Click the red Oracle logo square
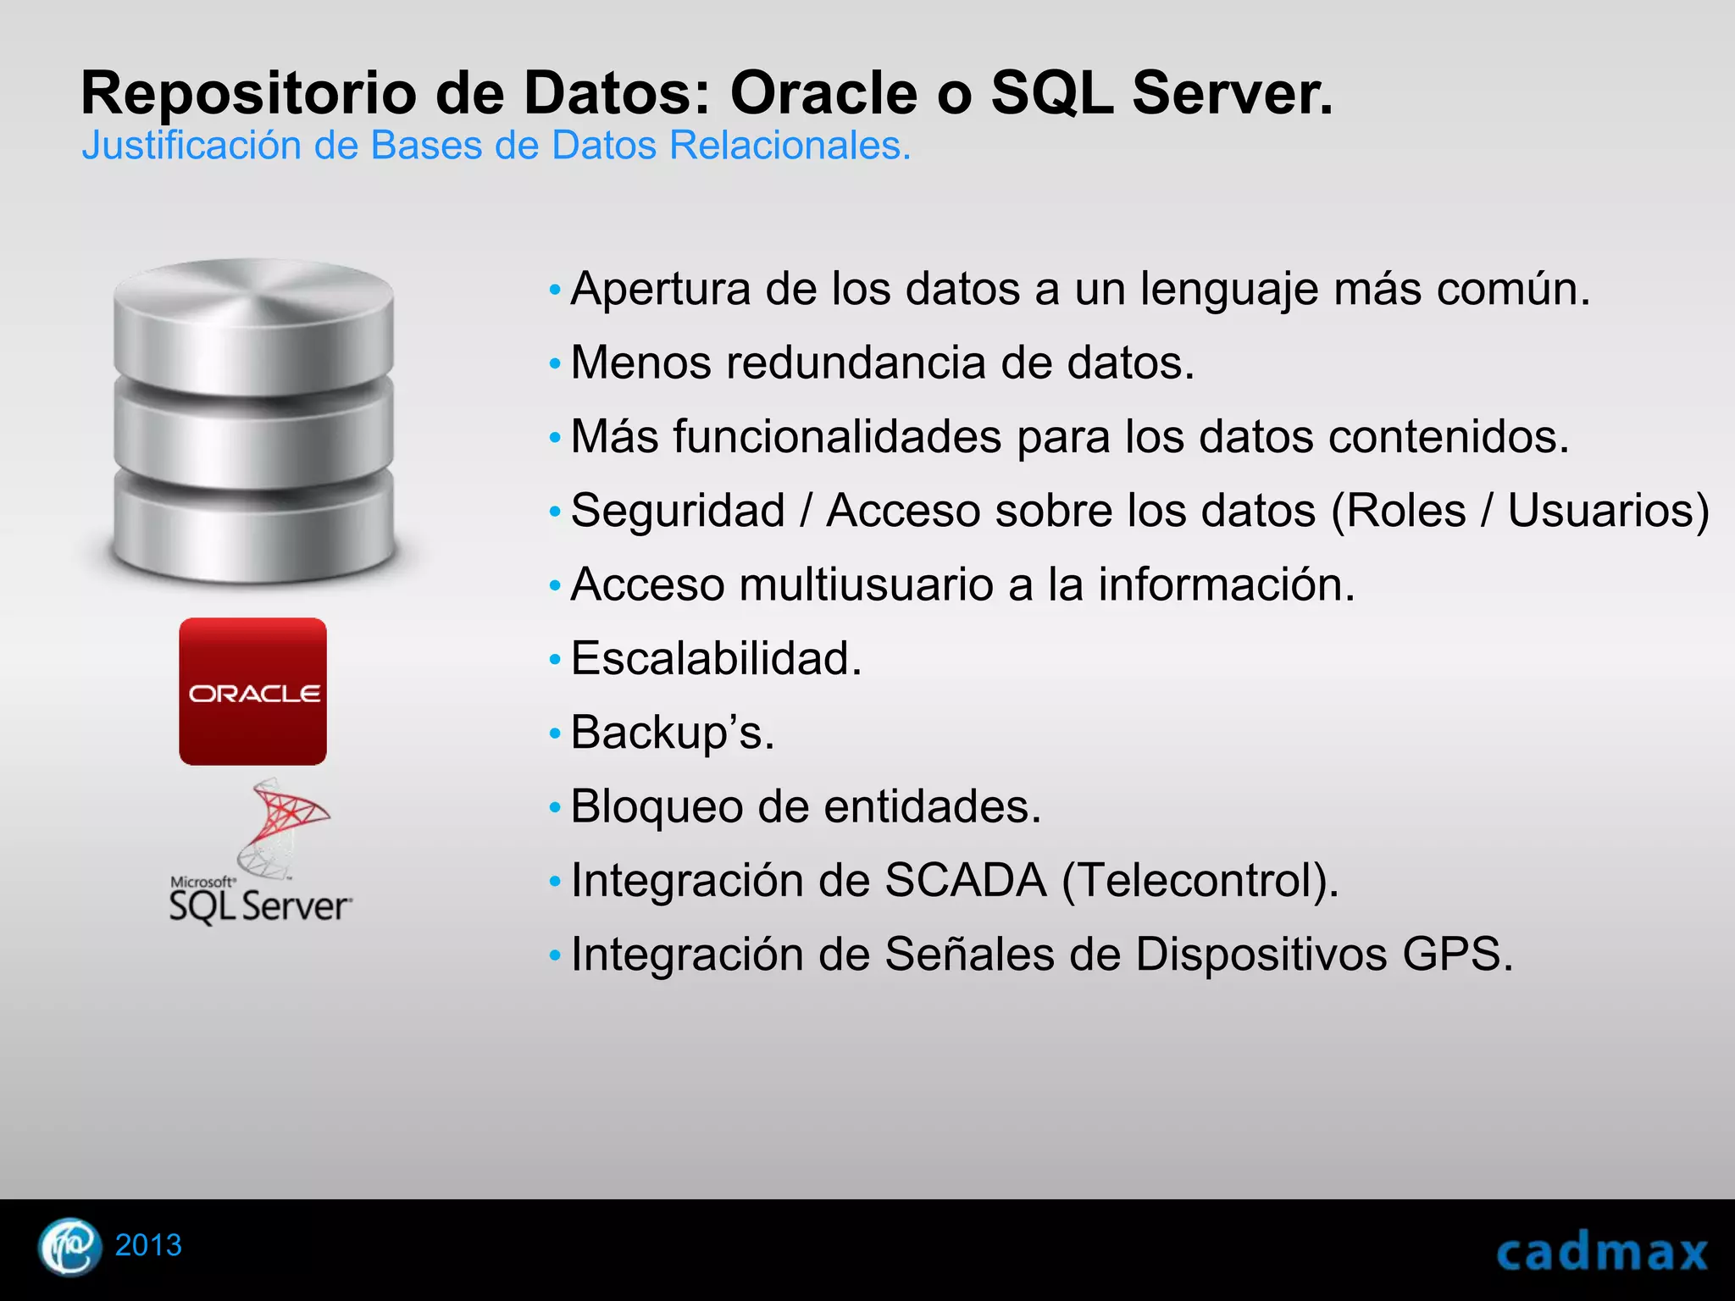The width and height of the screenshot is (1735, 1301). tap(252, 691)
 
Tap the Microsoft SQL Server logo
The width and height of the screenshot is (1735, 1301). tap(260, 855)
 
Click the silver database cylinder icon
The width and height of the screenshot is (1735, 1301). tap(253, 421)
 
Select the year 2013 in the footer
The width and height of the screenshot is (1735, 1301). tap(148, 1245)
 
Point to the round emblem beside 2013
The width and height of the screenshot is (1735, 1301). tap(69, 1246)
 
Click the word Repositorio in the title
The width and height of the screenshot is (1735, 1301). tap(248, 93)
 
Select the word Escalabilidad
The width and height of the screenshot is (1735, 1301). tap(716, 659)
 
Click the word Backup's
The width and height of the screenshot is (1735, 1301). tap(673, 733)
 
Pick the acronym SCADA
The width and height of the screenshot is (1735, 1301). tap(966, 880)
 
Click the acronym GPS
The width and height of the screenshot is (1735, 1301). tap(1456, 955)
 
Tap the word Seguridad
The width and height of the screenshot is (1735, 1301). tap(678, 511)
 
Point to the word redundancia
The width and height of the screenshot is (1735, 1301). tap(856, 363)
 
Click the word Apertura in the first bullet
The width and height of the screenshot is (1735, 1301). tap(661, 290)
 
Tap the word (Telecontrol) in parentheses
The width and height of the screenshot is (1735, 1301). tap(1200, 880)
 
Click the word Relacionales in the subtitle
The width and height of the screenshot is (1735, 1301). tap(790, 146)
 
